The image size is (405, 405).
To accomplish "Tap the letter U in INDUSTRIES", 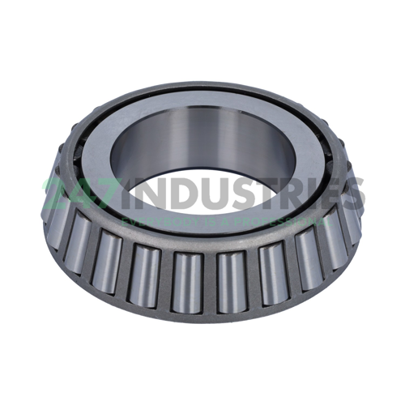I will pos(211,194).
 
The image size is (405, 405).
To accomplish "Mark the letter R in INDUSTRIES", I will pos(292,194).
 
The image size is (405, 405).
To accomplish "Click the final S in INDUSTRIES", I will pos(353,194).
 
